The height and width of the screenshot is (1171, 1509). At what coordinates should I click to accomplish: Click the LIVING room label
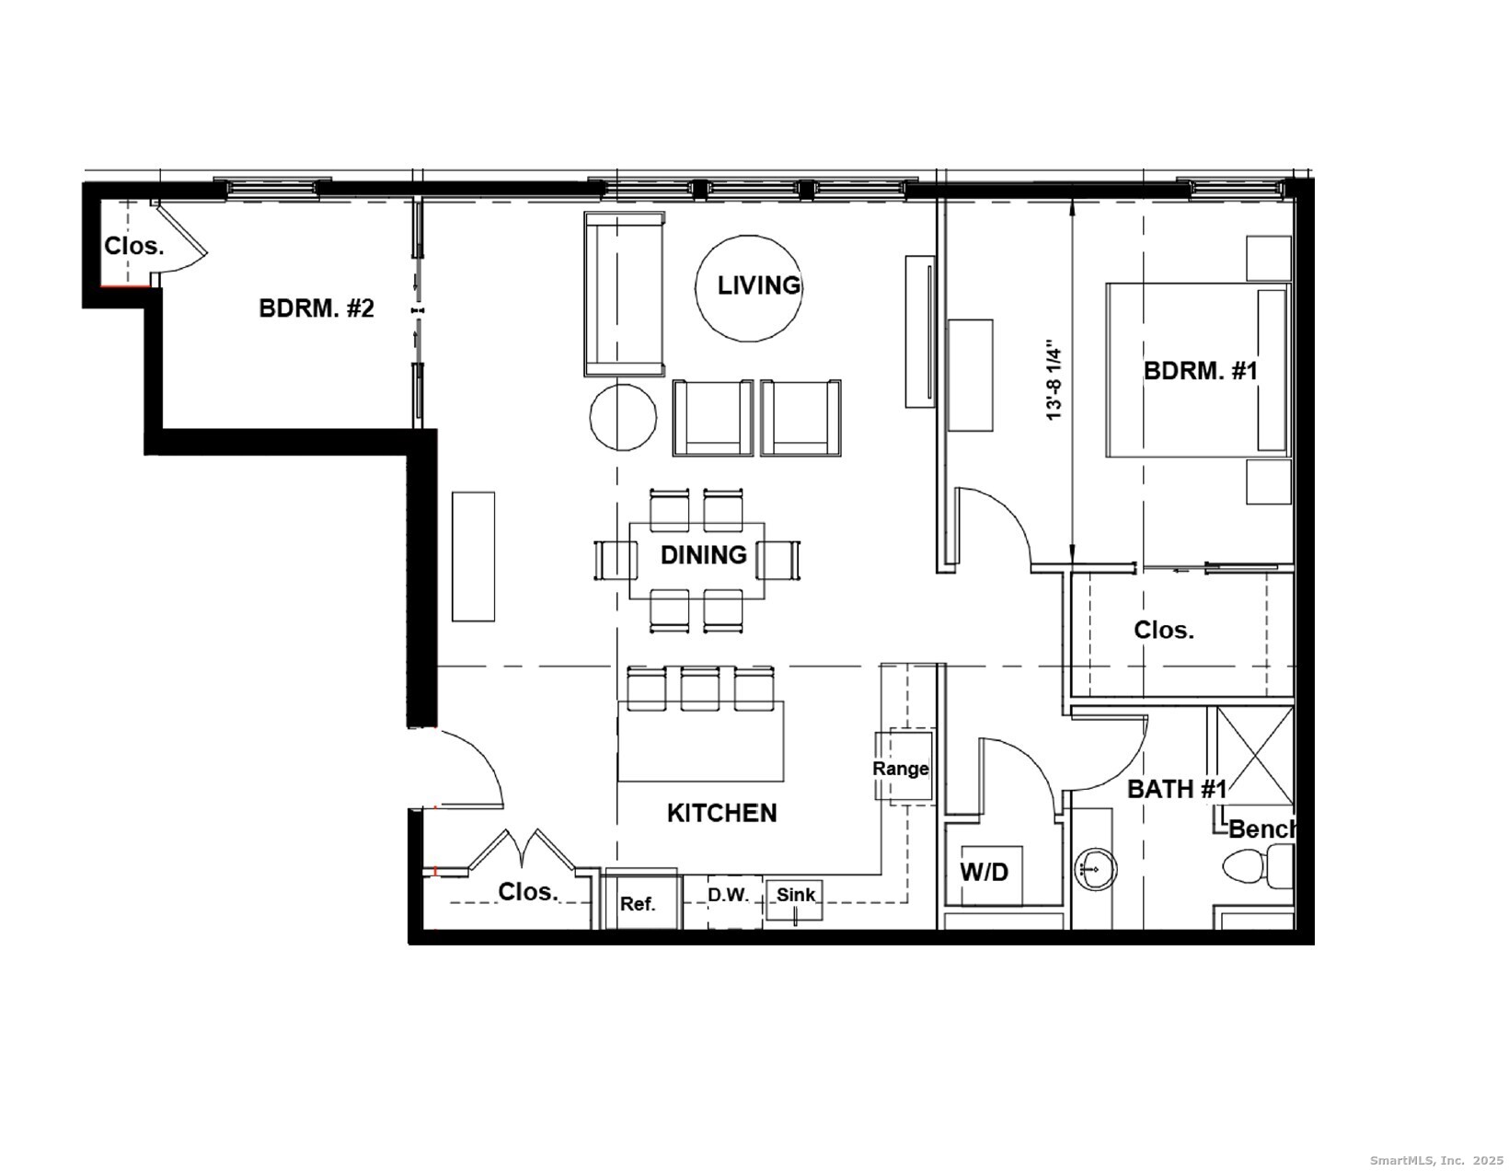(x=758, y=285)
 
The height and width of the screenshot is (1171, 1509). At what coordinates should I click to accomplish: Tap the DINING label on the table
(x=703, y=555)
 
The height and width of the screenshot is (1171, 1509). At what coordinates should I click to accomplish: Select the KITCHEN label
(x=721, y=813)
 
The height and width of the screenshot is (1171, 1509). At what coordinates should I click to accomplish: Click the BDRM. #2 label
(x=317, y=308)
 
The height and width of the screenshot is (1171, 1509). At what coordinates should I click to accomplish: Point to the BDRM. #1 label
(x=1200, y=371)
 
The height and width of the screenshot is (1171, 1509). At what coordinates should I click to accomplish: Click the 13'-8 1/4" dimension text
(x=1054, y=382)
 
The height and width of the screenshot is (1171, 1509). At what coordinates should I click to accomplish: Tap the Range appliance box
(x=902, y=767)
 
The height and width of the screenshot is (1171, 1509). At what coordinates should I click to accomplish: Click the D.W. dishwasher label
(x=728, y=894)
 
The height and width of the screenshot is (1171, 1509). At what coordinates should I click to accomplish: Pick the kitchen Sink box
(x=795, y=898)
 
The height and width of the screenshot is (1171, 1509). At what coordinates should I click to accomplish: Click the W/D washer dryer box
(x=985, y=873)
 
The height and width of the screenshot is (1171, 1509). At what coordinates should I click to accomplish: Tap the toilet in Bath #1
(x=1257, y=867)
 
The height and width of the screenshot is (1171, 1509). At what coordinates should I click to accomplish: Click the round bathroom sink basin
(x=1095, y=867)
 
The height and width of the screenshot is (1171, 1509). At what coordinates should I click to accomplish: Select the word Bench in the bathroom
(x=1262, y=829)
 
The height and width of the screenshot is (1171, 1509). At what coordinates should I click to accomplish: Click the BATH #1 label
(x=1176, y=789)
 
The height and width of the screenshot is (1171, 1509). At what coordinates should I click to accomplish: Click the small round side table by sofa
(x=623, y=417)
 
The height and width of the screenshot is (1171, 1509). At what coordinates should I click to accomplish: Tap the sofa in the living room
(x=624, y=293)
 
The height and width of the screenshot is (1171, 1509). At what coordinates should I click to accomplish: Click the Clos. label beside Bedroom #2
(x=133, y=247)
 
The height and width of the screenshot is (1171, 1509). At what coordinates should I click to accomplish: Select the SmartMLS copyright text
(x=1435, y=1161)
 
